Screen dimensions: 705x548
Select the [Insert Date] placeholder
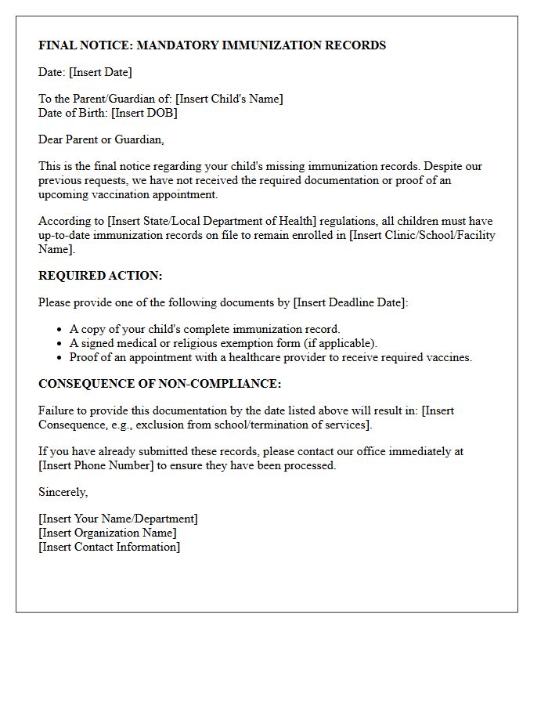pyautogui.click(x=100, y=72)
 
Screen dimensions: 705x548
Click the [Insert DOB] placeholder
pyautogui.click(x=144, y=113)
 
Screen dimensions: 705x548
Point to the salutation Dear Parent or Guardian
pyautogui.click(x=101, y=139)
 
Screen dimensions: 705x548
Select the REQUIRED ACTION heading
pyautogui.click(x=100, y=276)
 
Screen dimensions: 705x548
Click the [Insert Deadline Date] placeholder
pyautogui.click(x=350, y=302)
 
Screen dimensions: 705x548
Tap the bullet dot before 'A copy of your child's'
pyautogui.click(x=59, y=330)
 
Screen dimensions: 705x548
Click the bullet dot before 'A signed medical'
pyautogui.click(x=59, y=344)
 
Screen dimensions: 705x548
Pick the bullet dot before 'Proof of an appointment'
pyautogui.click(x=59, y=358)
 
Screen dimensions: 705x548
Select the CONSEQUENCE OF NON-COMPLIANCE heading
pyautogui.click(x=160, y=384)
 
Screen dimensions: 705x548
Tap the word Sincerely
pyautogui.click(x=63, y=492)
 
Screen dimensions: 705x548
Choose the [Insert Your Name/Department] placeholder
pyautogui.click(x=118, y=519)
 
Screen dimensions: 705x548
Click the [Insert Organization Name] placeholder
pyautogui.click(x=107, y=533)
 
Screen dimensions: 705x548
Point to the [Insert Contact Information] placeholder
pyautogui.click(x=110, y=547)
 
